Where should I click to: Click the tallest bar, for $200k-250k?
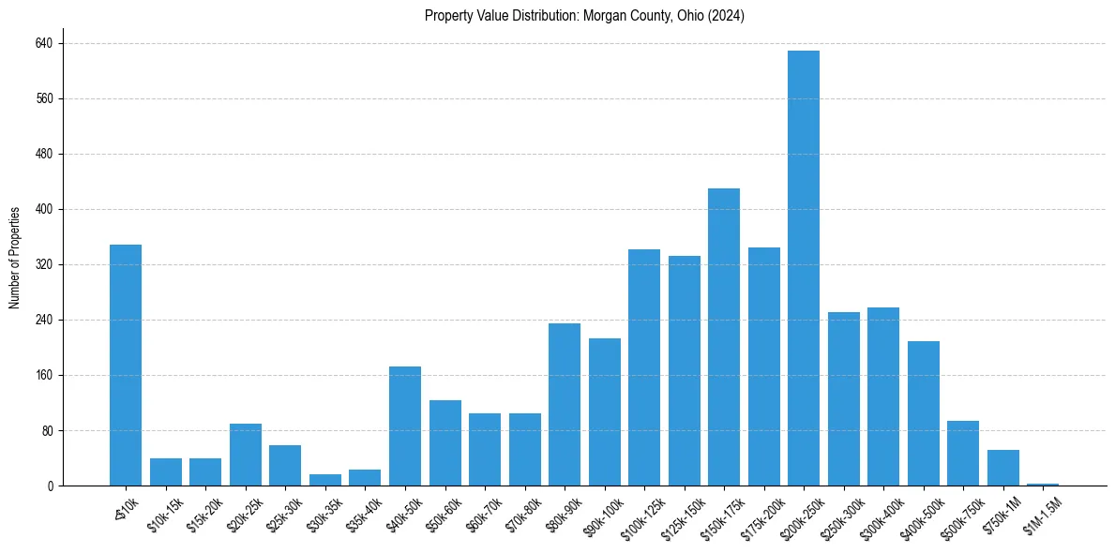coord(803,268)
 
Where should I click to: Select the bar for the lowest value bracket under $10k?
coord(126,366)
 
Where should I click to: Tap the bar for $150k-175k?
coord(723,337)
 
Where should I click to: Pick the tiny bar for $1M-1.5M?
coord(1042,484)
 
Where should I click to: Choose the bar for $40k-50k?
coord(404,426)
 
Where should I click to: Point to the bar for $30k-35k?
coord(325,480)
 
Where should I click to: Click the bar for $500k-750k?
coord(962,454)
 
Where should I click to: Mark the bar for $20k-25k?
coord(246,455)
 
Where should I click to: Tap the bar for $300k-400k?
coord(882,396)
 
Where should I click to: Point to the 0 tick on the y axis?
coord(51,486)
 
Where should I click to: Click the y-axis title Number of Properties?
coord(15,258)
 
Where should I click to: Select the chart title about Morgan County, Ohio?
coord(584,15)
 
